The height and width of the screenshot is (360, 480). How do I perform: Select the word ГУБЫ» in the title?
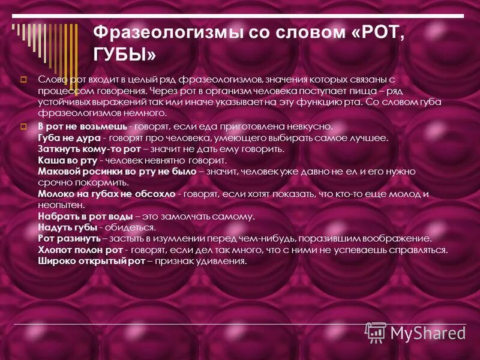(125, 55)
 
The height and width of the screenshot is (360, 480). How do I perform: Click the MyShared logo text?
(427, 332)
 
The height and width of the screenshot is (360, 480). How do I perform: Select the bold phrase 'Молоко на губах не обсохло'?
(107, 194)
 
